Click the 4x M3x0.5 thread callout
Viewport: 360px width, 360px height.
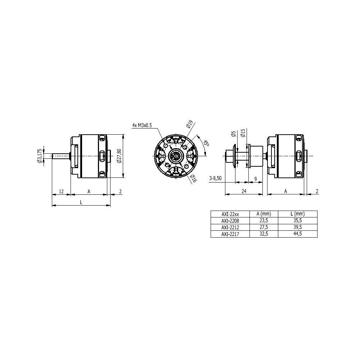(142, 125)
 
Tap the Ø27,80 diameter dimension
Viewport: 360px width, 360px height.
(119, 156)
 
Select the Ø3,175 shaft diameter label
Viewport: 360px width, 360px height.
(40, 156)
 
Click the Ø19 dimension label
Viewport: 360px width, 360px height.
(189, 123)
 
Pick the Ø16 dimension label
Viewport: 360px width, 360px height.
(194, 178)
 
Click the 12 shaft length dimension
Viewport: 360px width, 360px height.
(61, 192)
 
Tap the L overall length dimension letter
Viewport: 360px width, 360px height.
(81, 202)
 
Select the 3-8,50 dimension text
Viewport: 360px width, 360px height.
(215, 179)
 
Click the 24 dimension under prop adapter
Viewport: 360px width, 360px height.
(244, 191)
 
